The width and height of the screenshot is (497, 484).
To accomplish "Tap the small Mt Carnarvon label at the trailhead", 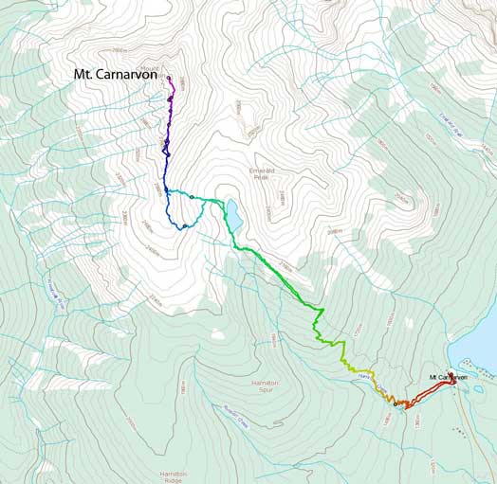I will click(x=448, y=377).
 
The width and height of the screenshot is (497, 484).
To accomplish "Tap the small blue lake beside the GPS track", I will click(x=232, y=215).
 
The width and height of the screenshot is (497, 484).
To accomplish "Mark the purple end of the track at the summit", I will click(x=169, y=78).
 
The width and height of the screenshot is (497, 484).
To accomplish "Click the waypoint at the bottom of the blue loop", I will click(x=185, y=226).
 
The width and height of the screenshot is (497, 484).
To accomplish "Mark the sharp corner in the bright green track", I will click(x=323, y=310).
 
